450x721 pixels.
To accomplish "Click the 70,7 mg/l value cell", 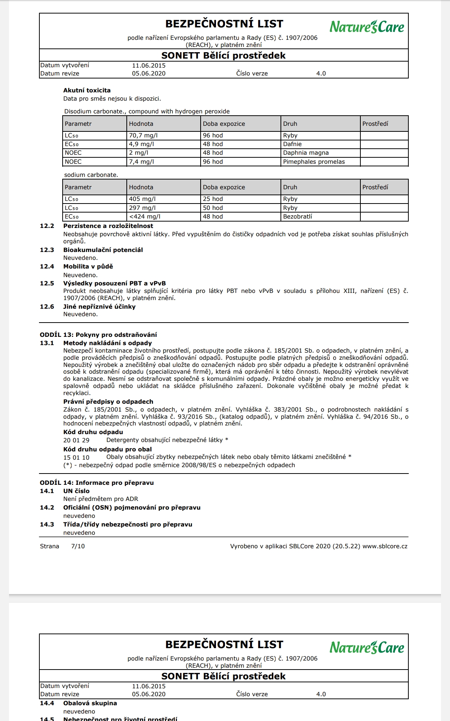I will pyautogui.click(x=143, y=136).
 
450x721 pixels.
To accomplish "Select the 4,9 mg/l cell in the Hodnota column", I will pyautogui.click(x=141, y=144).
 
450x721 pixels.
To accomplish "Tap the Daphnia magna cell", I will pyautogui.click(x=306, y=153).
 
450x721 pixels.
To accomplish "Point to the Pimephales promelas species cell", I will pyautogui.click(x=314, y=162).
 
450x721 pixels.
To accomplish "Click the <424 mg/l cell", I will pyautogui.click(x=145, y=217).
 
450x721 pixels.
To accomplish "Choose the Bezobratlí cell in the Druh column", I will pyautogui.click(x=297, y=217).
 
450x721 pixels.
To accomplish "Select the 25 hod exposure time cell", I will pyautogui.click(x=213, y=199).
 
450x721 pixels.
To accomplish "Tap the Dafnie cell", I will pyautogui.click(x=292, y=144).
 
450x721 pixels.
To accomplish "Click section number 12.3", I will pyautogui.click(x=47, y=250).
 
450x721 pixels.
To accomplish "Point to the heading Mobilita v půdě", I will pyautogui.click(x=88, y=267).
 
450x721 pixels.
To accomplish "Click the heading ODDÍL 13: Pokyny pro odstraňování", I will pyautogui.click(x=98, y=335).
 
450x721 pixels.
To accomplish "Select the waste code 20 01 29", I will pyautogui.click(x=76, y=440).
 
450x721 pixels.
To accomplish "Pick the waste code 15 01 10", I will pyautogui.click(x=76, y=457).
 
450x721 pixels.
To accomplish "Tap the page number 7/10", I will pyautogui.click(x=78, y=546).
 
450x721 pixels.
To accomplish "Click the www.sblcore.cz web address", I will pyautogui.click(x=385, y=546).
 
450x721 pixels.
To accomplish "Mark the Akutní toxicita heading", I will pyautogui.click(x=87, y=91).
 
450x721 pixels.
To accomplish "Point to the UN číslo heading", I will pyautogui.click(x=76, y=491).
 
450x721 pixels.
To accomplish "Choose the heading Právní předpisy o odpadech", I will pyautogui.click(x=108, y=402).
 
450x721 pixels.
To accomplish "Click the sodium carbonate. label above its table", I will pyautogui.click(x=91, y=175).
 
